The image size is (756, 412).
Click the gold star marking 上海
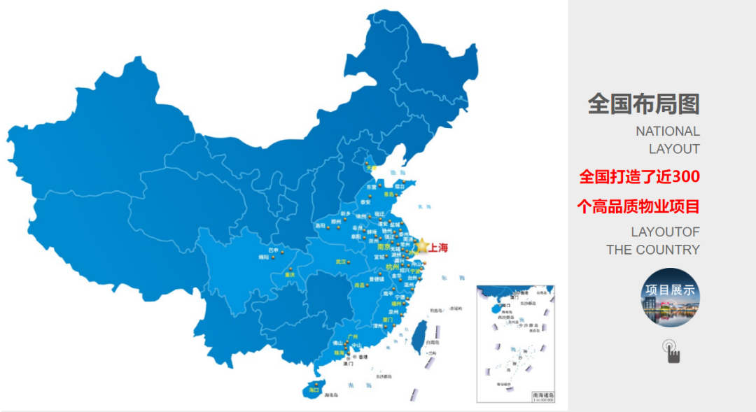click(421, 246)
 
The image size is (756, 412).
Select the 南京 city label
click(383, 247)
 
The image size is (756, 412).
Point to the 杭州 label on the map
click(391, 267)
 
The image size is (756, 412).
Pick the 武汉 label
click(342, 262)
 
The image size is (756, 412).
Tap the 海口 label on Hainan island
click(313, 389)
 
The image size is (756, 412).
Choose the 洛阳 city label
click(320, 225)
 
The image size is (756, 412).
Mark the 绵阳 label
click(263, 257)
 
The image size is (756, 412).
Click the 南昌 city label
click(360, 285)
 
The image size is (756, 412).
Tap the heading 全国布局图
click(643, 104)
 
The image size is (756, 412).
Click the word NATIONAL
click(667, 131)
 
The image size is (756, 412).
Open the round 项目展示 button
click(670, 297)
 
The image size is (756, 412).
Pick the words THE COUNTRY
click(652, 250)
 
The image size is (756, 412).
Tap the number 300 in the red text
click(686, 176)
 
